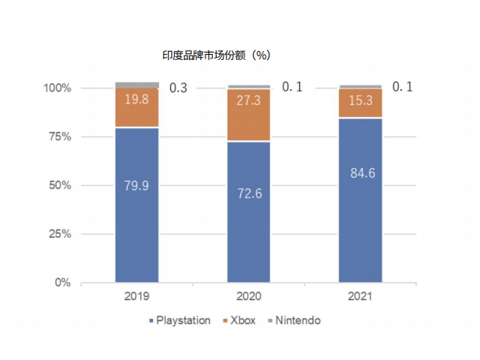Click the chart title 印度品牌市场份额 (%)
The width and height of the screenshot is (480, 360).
point(216,55)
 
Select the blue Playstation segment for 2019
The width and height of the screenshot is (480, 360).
point(136,225)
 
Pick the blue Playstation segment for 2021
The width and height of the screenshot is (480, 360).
point(360,225)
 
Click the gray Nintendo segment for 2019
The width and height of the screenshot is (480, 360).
point(136,85)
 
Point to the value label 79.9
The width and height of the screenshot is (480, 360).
point(136,185)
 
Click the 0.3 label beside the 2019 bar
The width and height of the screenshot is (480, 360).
point(178,88)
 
